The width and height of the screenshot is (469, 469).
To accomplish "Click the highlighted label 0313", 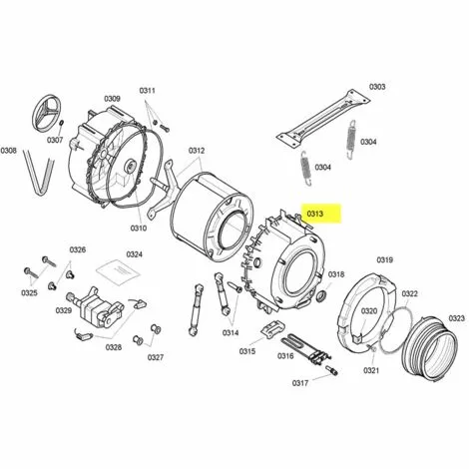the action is [x=314, y=214].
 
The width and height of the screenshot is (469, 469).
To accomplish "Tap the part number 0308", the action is [x=9, y=151].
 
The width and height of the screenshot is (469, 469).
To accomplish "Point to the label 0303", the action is [x=377, y=87].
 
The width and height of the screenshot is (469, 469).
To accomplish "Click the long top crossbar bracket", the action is [x=324, y=118].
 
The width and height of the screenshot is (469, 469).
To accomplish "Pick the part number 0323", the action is [x=457, y=318].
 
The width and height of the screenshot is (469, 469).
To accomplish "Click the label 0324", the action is [x=135, y=254].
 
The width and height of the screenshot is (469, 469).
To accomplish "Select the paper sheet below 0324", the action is [x=118, y=270].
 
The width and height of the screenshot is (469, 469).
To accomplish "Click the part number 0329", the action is [x=64, y=310].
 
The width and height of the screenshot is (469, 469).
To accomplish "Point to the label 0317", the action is [x=300, y=383].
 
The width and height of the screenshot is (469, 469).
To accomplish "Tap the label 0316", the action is [x=285, y=356].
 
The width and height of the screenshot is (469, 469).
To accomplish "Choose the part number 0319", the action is [x=385, y=259].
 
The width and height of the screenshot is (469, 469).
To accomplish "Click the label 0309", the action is [x=112, y=99].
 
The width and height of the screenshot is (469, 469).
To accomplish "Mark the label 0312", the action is [x=197, y=151].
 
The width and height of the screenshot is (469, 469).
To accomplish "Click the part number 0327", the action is [x=156, y=357].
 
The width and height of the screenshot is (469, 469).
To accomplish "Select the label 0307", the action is [x=55, y=140].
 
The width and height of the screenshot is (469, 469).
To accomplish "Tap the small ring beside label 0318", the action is [x=321, y=295].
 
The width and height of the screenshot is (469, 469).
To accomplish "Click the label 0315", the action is [x=247, y=351].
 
